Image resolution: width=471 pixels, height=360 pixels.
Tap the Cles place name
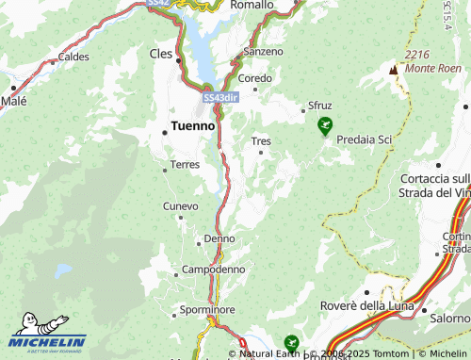161,54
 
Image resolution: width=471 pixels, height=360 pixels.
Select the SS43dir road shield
219,98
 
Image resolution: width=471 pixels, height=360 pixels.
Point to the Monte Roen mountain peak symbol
394,70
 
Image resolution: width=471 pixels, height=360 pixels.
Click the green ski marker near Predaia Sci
325,124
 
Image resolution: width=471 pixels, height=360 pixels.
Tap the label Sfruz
319,105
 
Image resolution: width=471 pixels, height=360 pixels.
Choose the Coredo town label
255,78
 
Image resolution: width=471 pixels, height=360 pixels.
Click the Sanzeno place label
263,50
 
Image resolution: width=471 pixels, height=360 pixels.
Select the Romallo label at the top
252,6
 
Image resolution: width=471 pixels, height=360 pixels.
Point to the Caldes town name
73,57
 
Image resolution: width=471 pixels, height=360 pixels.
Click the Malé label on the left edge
13,101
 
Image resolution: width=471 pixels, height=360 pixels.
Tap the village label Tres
261,141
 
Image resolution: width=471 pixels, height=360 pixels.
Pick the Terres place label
184,166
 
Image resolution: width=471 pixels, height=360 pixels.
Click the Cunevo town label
181,205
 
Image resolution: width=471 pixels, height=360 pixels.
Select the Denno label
219,239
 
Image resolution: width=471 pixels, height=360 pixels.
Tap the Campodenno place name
214,269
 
